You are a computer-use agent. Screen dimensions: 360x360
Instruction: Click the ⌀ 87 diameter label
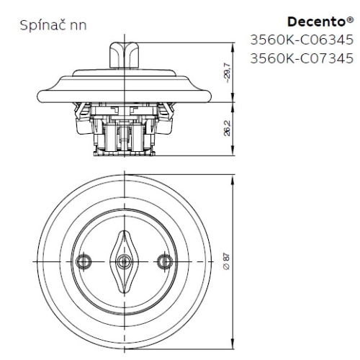click(228, 261)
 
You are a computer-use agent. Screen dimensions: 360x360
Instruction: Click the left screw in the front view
click(85, 261)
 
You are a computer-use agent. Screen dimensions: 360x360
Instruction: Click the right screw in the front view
click(164, 261)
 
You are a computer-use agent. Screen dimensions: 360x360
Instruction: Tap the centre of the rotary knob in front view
click(125, 261)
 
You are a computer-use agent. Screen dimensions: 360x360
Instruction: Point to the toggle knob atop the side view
click(124, 54)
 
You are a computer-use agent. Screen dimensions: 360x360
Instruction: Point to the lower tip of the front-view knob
click(125, 287)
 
